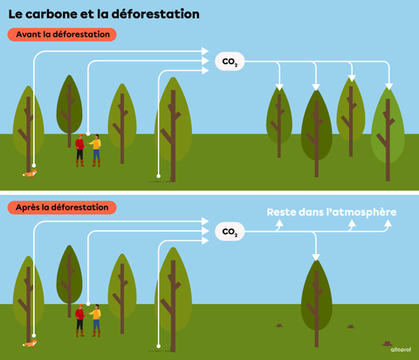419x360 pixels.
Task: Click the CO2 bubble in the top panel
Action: (x=230, y=61)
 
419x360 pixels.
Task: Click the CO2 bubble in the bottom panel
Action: (x=230, y=232)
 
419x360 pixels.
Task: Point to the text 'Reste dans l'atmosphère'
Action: (x=332, y=212)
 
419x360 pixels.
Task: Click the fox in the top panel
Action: (x=31, y=173)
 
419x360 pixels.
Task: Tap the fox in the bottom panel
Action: (x=31, y=343)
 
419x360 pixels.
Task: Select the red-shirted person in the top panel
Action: (x=79, y=149)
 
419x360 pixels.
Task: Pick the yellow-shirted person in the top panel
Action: (x=95, y=149)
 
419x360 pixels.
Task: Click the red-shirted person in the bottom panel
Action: (x=79, y=320)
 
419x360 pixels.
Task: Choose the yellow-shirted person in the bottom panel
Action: (x=95, y=320)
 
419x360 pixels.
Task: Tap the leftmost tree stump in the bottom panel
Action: (x=279, y=325)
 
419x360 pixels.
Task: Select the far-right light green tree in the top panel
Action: (x=388, y=127)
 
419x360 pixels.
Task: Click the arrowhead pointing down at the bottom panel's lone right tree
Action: (x=316, y=256)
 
